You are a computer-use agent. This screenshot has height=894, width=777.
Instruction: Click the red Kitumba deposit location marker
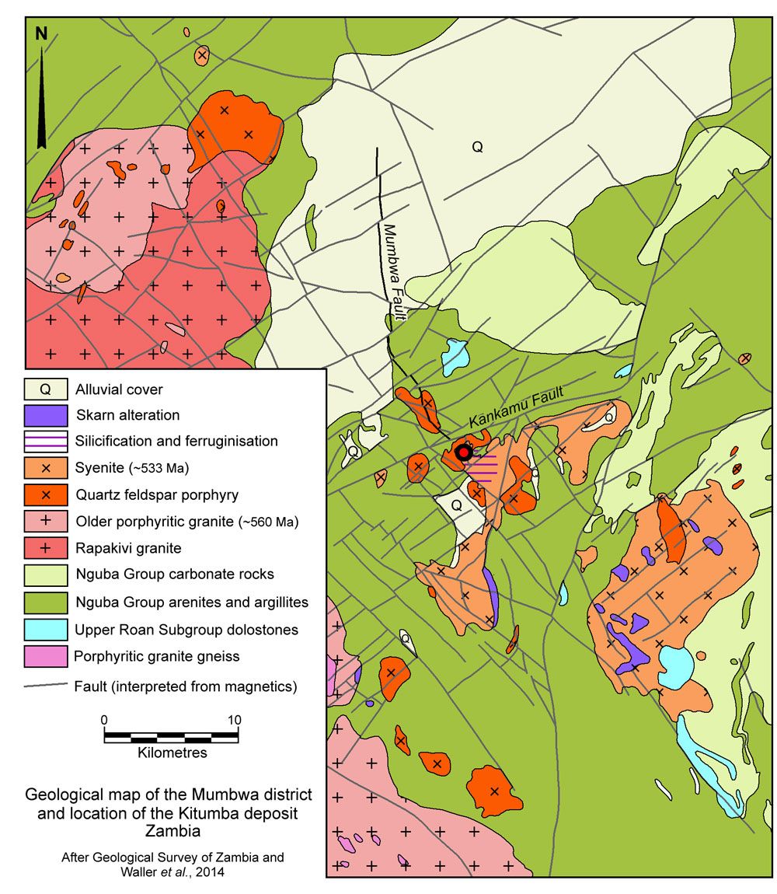click(x=464, y=452)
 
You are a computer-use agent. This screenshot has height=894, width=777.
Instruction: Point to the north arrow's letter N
click(x=41, y=33)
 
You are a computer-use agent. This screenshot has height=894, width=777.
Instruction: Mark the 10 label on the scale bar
click(x=234, y=719)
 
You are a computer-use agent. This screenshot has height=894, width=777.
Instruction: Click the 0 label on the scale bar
click(x=104, y=719)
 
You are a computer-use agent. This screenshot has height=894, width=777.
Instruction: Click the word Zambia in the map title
click(x=169, y=829)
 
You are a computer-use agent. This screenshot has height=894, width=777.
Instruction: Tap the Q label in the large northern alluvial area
click(x=477, y=146)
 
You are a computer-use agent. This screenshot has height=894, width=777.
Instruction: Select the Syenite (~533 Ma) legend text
click(x=133, y=468)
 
